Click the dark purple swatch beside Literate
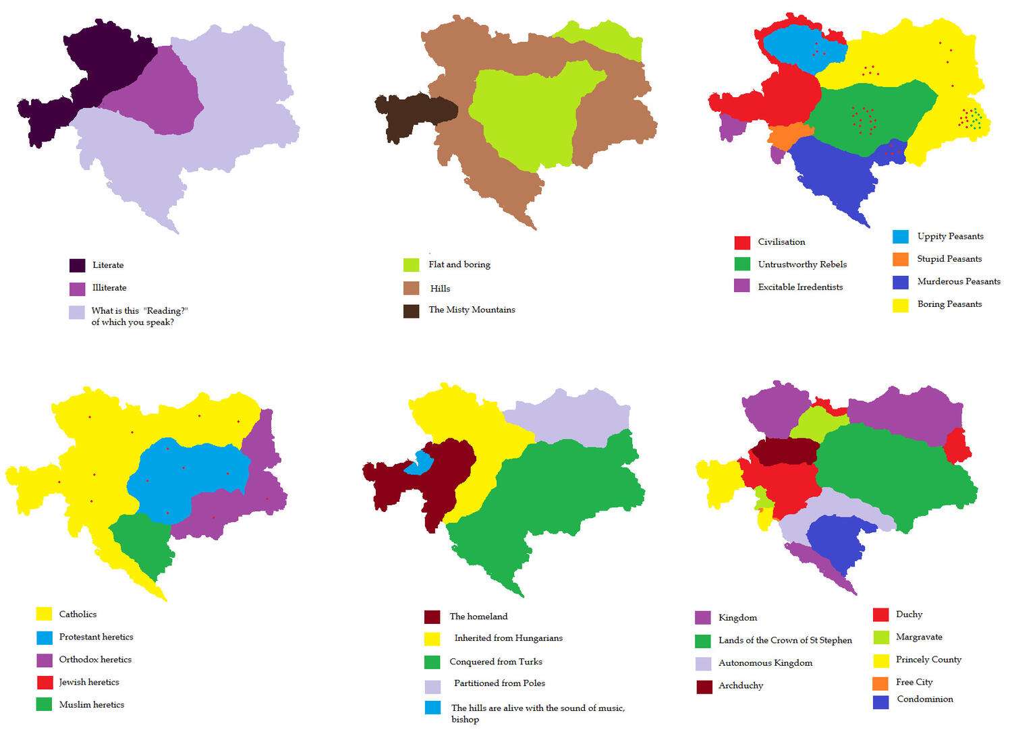[x=78, y=265]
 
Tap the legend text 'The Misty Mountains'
[x=472, y=310]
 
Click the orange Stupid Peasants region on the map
[x=786, y=136]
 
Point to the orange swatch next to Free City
[x=880, y=683]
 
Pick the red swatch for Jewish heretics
[x=45, y=682]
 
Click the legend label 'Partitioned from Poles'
[x=499, y=683]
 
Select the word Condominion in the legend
[x=924, y=700]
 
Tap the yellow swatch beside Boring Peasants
[x=901, y=305]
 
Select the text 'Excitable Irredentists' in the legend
[x=800, y=287]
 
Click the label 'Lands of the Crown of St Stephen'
[x=785, y=640]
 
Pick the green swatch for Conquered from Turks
[x=432, y=662]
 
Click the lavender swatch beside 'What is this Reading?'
[x=78, y=312]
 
